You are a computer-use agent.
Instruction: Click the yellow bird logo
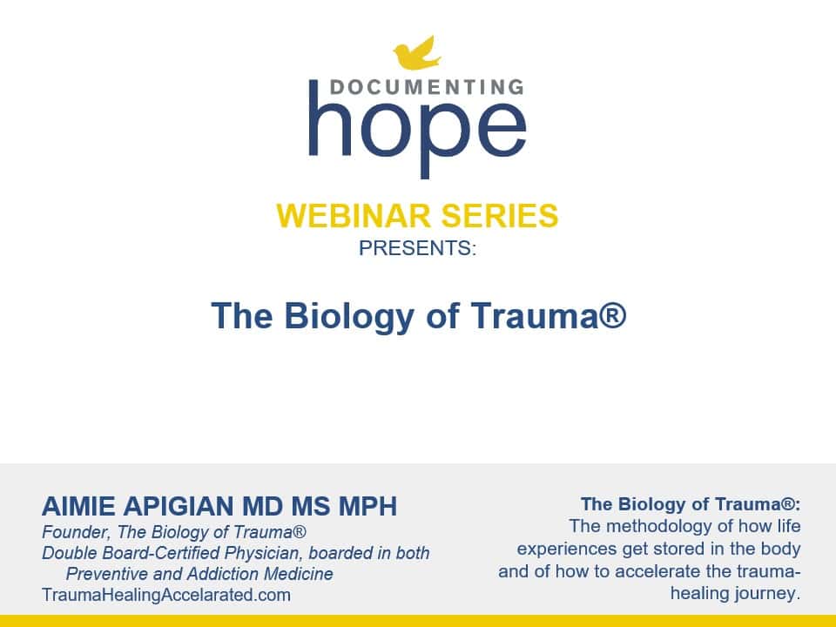(417, 53)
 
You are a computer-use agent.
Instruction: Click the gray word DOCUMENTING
(427, 87)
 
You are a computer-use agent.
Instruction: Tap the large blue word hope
(417, 130)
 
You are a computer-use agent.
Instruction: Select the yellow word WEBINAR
(353, 216)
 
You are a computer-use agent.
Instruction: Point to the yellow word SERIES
(499, 216)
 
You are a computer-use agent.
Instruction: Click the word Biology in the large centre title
(349, 316)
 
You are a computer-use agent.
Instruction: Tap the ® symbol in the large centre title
(616, 314)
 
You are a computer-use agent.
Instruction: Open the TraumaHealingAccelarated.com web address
(166, 595)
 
